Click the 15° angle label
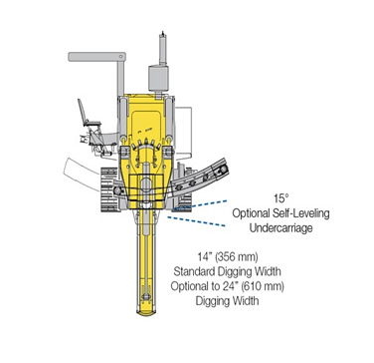280,198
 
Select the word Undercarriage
280,228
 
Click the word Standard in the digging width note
194,271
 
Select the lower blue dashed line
196,221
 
